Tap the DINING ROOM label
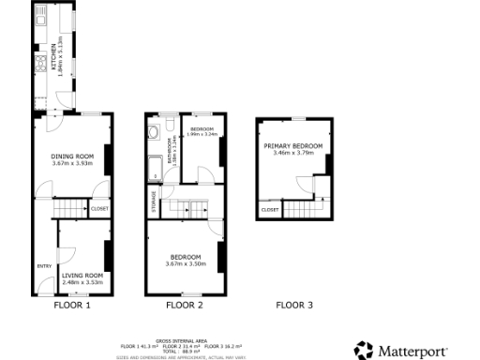[73, 155]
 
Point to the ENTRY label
[44, 266]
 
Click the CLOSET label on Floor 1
[99, 209]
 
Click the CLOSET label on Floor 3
[270, 210]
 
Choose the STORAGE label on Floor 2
[153, 202]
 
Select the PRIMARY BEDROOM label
[292, 146]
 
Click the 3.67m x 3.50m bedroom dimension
[185, 263]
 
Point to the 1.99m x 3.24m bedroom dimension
[202, 134]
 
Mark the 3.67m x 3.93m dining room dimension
[73, 163]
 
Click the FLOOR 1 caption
[72, 305]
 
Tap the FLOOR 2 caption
[185, 305]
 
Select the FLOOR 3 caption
[294, 305]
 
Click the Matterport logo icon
[363, 350]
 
